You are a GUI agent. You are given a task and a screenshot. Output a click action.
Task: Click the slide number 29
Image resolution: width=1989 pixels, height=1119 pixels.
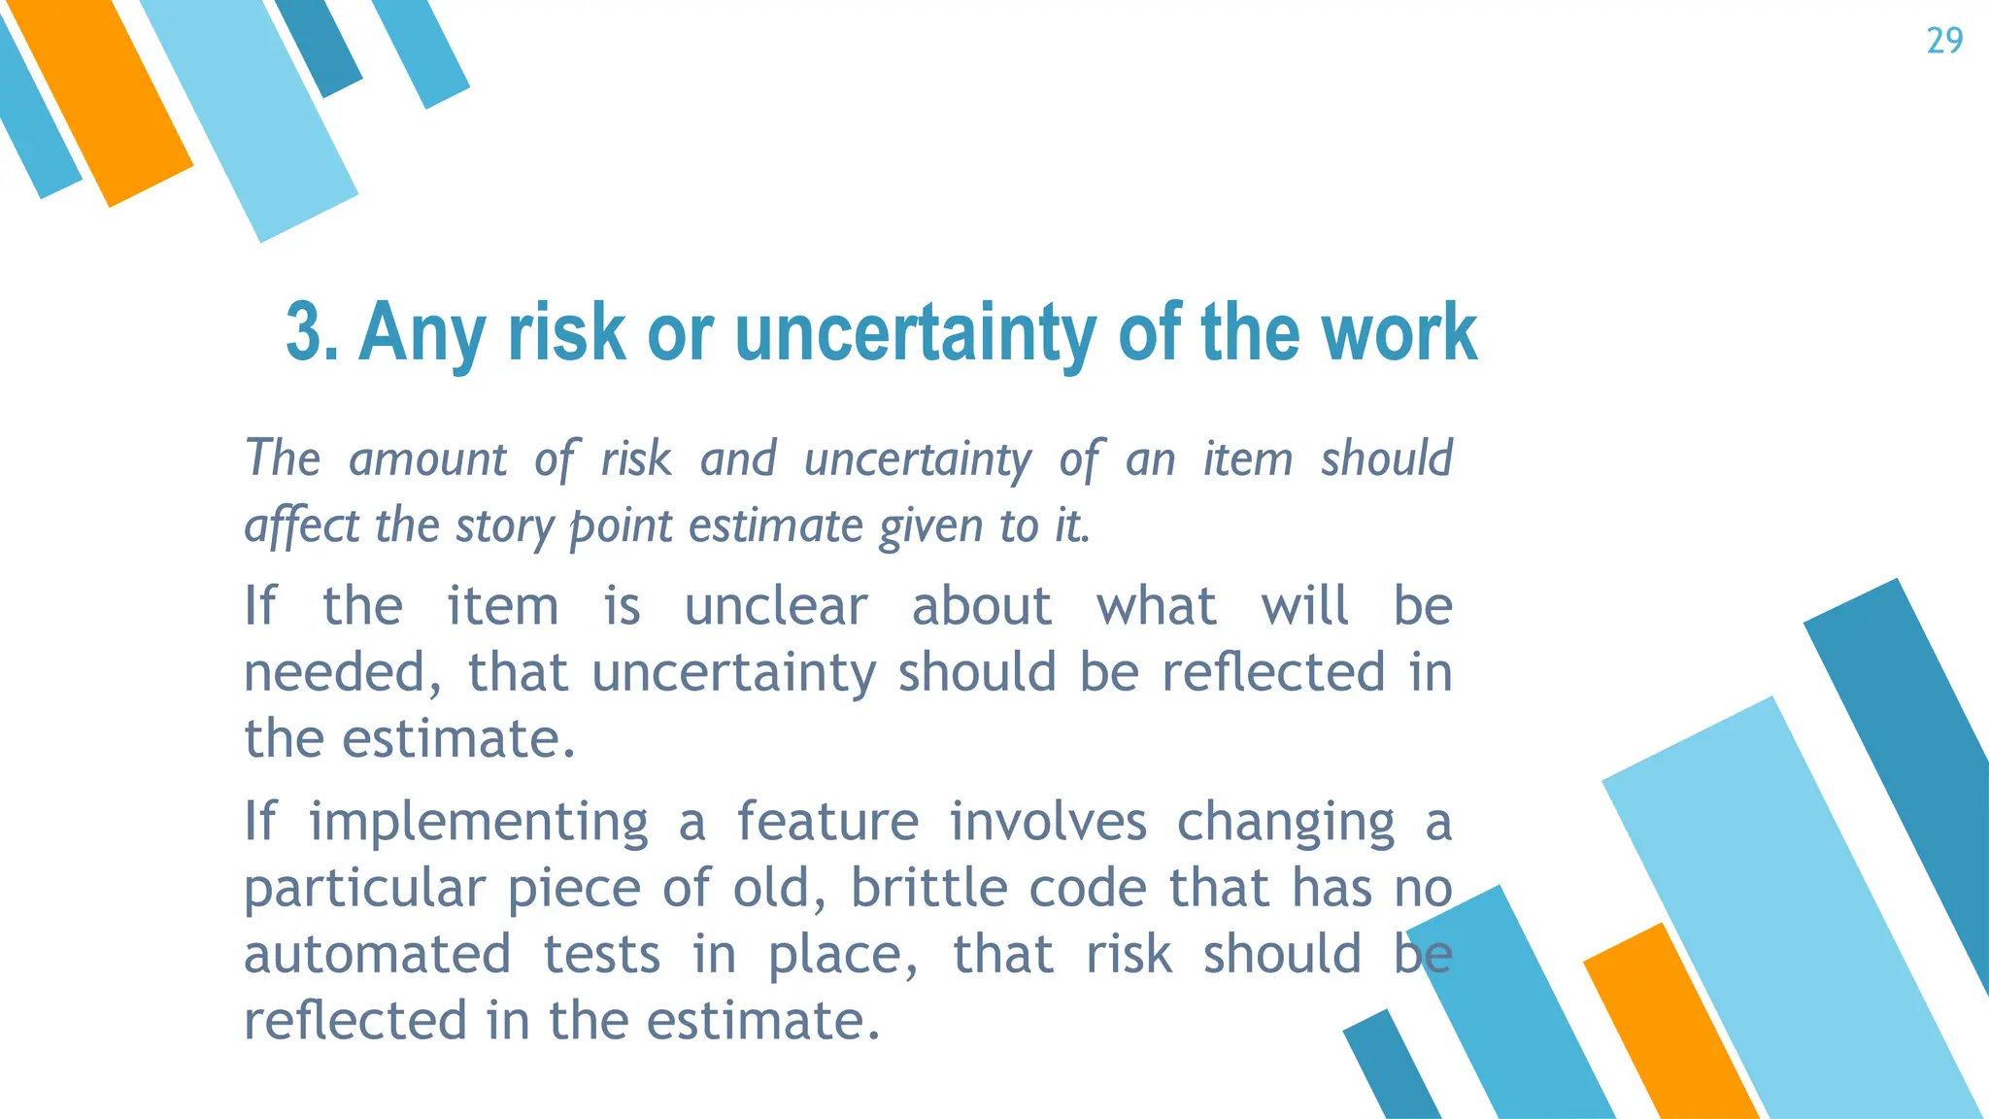pos(1944,41)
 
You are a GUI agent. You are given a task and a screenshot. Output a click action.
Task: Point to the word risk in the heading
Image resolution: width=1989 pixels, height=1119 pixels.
pos(566,332)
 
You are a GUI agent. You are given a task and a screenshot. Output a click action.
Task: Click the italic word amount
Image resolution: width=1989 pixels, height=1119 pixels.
pos(427,458)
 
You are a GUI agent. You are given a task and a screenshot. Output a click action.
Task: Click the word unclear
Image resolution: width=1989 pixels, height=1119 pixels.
pos(775,606)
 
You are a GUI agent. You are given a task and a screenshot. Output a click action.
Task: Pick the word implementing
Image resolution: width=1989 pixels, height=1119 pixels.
pos(478,822)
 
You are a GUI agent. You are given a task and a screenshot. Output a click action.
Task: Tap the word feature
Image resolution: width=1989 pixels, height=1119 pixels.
pos(826,822)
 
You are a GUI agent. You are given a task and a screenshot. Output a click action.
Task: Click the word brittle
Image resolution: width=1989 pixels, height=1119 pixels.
pos(929,888)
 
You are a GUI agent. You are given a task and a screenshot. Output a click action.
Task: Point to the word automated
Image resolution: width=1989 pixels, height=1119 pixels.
pos(377,954)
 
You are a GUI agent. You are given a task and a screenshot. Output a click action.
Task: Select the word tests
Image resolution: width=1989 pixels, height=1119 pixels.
pos(601,954)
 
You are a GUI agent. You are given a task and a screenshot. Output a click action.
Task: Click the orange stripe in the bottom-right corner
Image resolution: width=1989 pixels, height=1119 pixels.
pos(1670,1030)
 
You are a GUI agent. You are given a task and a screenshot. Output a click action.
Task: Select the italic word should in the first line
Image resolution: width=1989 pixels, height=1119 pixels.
pos(1386,458)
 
